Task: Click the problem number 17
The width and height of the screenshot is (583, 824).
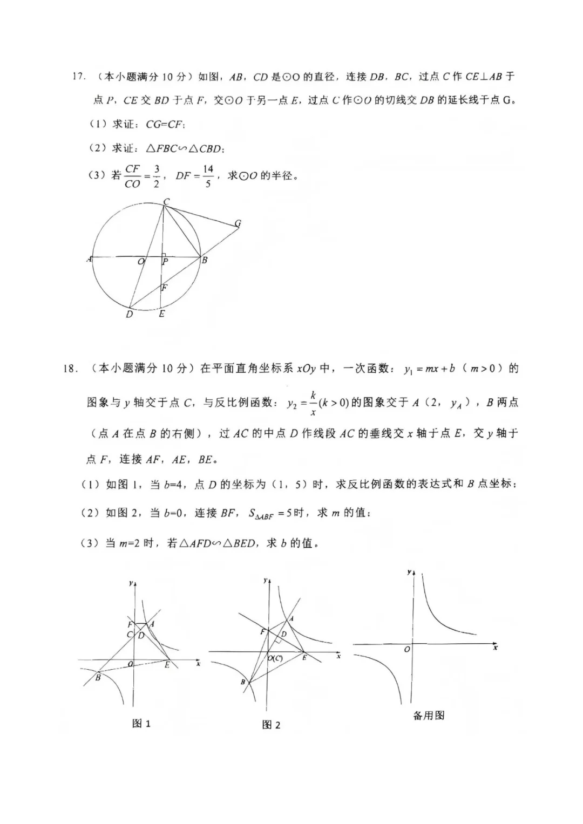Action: point(79,77)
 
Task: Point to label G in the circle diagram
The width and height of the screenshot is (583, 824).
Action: point(238,223)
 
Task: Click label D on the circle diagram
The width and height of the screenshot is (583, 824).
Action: point(129,314)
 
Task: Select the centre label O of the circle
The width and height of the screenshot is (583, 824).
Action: point(141,262)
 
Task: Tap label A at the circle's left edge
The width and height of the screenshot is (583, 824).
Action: point(89,259)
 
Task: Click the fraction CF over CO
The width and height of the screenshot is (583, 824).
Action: point(132,176)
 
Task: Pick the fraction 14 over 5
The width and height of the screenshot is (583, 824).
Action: point(208,176)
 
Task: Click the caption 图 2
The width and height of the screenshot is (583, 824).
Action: point(271,725)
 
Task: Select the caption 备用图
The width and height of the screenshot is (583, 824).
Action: point(429,716)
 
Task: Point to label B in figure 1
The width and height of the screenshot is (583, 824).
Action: point(98,677)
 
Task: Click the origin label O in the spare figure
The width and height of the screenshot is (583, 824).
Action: point(407,649)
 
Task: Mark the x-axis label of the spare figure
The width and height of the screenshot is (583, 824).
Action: point(494,647)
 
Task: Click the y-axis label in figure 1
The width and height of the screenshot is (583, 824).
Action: point(131,583)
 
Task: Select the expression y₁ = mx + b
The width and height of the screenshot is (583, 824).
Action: point(429,369)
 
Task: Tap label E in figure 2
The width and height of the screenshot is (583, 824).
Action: point(304,658)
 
